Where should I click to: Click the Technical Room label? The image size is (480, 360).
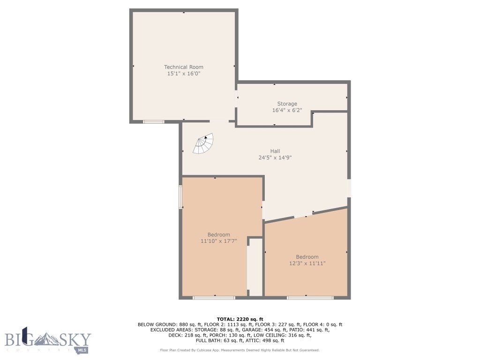pos(183,67)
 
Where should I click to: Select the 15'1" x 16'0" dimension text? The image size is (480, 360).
pos(183,74)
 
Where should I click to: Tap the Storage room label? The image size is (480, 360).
pos(287,104)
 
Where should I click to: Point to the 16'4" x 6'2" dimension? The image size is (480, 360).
pos(287,111)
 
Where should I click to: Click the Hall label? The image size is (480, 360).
pos(275,151)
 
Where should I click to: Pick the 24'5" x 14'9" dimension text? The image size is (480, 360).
pos(275,158)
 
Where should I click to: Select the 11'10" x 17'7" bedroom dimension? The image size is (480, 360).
pos(218,241)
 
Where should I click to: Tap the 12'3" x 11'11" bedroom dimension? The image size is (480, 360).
pos(307,263)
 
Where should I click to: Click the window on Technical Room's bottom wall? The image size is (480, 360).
pos(154,122)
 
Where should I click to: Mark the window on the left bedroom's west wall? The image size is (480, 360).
pos(180,197)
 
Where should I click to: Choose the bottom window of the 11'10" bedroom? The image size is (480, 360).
pos(214,297)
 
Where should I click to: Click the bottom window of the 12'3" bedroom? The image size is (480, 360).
pos(310,297)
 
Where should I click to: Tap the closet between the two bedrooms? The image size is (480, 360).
pos(255,267)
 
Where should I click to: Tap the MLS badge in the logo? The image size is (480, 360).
pos(82,350)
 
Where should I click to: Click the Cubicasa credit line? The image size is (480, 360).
pos(240,350)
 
